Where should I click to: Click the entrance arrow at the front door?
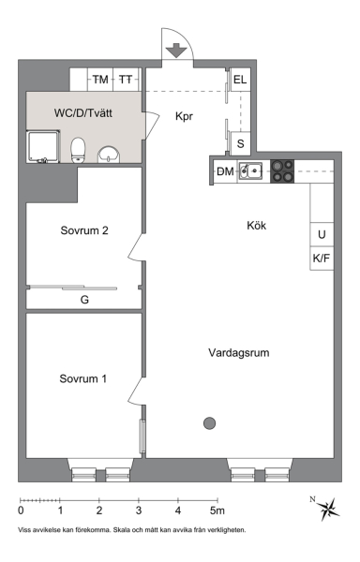(x=176, y=51)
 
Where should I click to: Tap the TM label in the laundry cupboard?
(x=100, y=80)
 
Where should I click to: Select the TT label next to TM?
(x=126, y=80)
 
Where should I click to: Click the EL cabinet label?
(x=240, y=80)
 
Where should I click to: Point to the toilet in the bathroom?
(x=78, y=150)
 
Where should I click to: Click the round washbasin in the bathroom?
(x=109, y=155)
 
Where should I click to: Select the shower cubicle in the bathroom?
(x=43, y=147)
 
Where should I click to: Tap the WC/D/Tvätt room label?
(x=83, y=113)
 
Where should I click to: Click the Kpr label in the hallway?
(x=184, y=116)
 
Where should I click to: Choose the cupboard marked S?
(x=240, y=143)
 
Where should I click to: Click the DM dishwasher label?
(x=225, y=171)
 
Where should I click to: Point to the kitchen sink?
(x=251, y=170)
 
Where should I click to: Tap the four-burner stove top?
(x=282, y=171)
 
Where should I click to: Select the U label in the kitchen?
(x=322, y=234)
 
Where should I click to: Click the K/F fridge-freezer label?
(x=322, y=259)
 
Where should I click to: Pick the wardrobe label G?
(x=84, y=300)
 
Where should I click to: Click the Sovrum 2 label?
(x=84, y=230)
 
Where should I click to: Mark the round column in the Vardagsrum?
(x=209, y=423)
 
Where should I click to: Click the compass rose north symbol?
(x=325, y=509)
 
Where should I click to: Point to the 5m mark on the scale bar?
(x=217, y=510)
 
